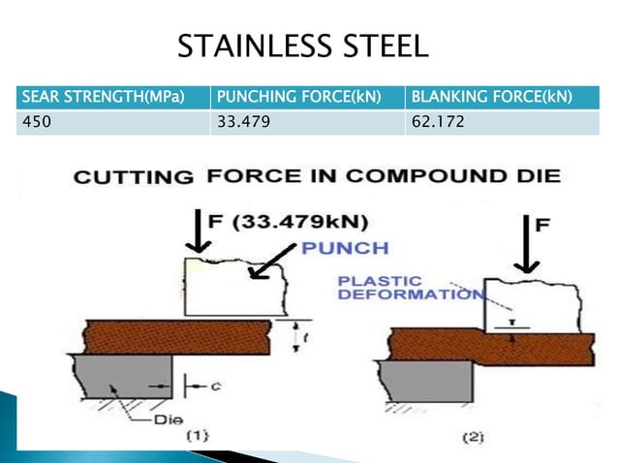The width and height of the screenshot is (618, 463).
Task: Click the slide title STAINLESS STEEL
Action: click(302, 46)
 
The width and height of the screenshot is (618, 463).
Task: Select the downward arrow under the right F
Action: click(529, 246)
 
